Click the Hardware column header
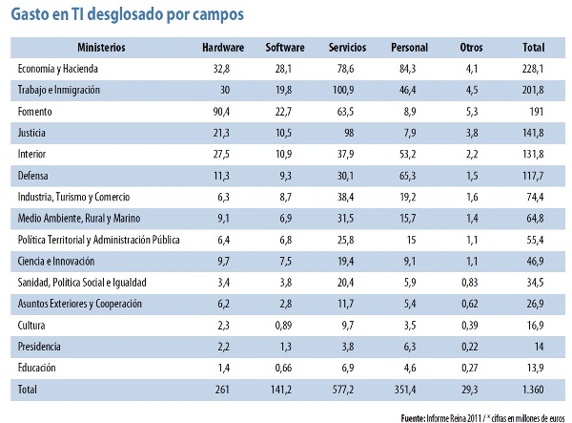tap(224, 47)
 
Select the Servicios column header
tap(348, 47)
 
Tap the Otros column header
tap(471, 47)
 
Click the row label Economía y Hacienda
tap(59, 69)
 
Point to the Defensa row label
tap(35, 175)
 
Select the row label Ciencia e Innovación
tap(56, 260)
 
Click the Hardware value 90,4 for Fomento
tap(228, 112)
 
